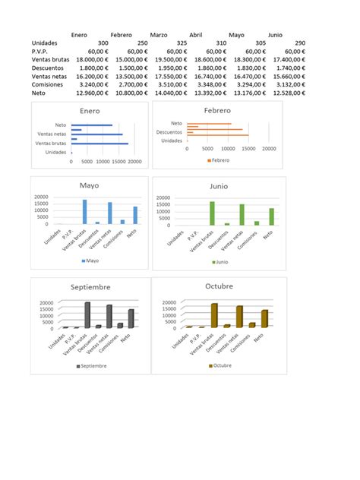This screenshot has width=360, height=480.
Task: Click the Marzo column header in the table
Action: (159, 35)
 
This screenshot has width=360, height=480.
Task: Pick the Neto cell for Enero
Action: (92, 94)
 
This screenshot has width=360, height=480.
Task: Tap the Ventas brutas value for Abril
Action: (203, 60)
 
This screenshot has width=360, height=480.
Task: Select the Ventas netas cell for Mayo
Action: (246, 77)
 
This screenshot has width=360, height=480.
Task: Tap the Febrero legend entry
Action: (219, 161)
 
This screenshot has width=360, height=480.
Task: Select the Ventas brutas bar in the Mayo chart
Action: (85, 211)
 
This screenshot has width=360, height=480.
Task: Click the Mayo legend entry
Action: (90, 261)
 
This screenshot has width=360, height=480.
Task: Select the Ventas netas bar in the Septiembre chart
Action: (110, 316)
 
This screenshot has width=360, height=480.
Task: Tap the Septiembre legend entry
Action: (92, 366)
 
